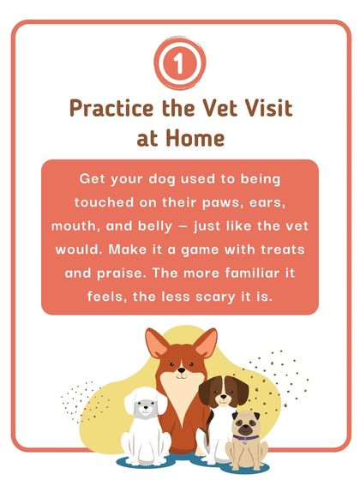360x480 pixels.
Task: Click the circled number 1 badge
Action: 179,65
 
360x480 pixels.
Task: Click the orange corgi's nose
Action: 181,372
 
